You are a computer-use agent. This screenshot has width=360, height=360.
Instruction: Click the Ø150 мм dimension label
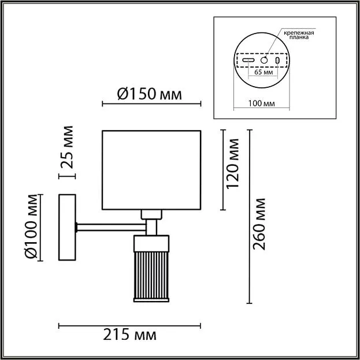coord(149,94)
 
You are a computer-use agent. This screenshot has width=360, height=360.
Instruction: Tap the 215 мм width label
coord(129,335)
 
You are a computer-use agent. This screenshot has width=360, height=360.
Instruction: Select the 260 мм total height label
coord(259,224)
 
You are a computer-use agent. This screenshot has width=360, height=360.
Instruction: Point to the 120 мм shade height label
coord(232,164)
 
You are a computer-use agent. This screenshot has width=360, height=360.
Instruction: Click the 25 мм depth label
coord(66,147)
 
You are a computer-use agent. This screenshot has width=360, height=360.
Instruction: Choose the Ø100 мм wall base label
coord(31,227)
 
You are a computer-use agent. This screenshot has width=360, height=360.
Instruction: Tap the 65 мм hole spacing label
coord(264,72)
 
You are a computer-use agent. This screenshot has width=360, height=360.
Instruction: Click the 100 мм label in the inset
coord(262,103)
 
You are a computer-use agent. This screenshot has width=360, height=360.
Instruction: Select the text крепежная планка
coord(299,35)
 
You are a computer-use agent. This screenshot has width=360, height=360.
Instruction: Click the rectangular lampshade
coord(151,170)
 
